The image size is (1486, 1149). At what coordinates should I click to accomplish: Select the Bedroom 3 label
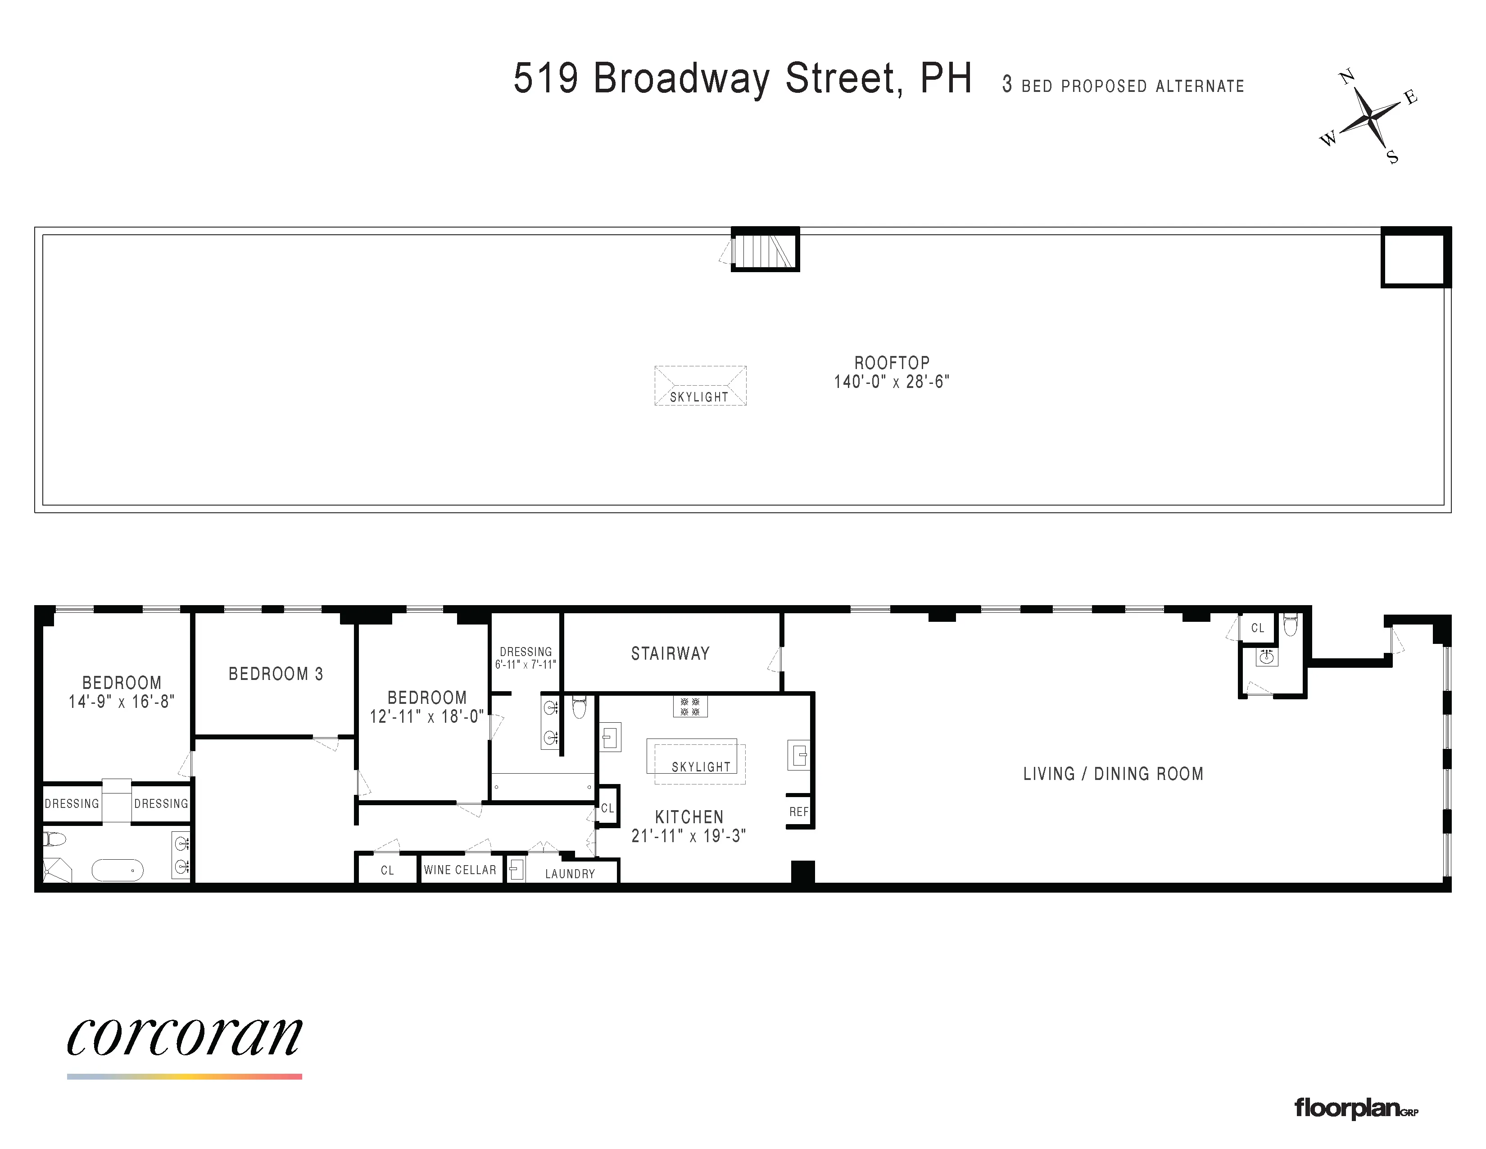click(276, 674)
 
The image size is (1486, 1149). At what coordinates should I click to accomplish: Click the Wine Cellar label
click(460, 870)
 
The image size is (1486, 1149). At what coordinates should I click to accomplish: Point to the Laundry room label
click(570, 873)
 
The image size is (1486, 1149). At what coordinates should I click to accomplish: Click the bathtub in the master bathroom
click(118, 870)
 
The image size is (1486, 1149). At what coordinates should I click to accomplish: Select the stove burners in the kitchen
click(690, 706)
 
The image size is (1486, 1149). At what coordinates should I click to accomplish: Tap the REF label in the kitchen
click(799, 812)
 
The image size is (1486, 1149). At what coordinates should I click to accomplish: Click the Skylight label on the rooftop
click(699, 397)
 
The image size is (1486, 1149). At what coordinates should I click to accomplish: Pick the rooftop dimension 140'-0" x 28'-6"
click(891, 382)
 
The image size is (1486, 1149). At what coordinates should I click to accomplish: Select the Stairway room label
click(670, 653)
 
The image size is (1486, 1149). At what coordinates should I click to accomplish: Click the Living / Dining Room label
click(1113, 774)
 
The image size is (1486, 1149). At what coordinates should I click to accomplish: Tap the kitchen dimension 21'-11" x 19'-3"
click(689, 836)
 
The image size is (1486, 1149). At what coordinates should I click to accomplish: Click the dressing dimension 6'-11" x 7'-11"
click(525, 664)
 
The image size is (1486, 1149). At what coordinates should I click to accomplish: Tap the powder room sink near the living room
click(1266, 657)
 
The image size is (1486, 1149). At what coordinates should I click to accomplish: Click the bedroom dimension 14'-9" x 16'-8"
click(121, 702)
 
